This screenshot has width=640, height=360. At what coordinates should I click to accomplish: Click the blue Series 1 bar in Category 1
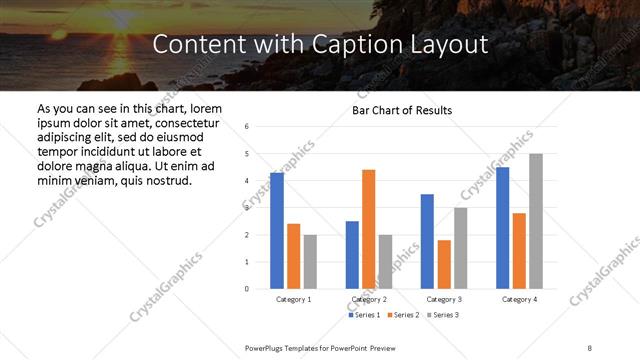277,231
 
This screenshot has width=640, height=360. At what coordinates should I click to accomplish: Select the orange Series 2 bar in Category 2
368,229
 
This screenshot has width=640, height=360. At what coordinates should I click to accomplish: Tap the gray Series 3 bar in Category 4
535,221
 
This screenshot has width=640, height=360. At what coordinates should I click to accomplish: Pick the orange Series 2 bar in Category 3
444,264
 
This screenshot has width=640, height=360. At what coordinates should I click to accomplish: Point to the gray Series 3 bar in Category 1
310,262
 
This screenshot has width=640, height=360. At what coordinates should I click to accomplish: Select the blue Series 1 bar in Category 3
427,241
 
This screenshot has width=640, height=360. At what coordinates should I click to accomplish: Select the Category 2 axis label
369,299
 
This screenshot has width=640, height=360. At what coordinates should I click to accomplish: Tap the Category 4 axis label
519,299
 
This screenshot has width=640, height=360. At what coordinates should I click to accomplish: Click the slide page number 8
590,347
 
